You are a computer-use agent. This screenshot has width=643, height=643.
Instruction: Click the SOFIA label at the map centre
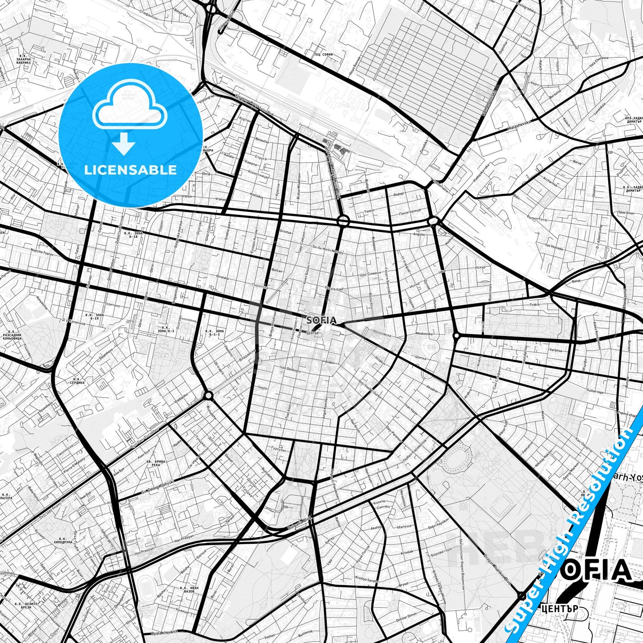coord(321,319)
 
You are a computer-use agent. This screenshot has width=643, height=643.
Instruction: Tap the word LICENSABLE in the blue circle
coord(130,170)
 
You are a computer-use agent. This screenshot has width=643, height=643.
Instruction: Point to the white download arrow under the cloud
coord(124,143)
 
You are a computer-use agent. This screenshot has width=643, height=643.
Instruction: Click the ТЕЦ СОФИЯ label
coord(324,54)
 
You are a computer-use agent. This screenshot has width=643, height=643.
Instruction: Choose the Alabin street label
coord(329,363)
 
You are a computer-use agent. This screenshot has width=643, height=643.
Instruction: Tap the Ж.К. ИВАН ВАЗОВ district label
coord(188,590)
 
